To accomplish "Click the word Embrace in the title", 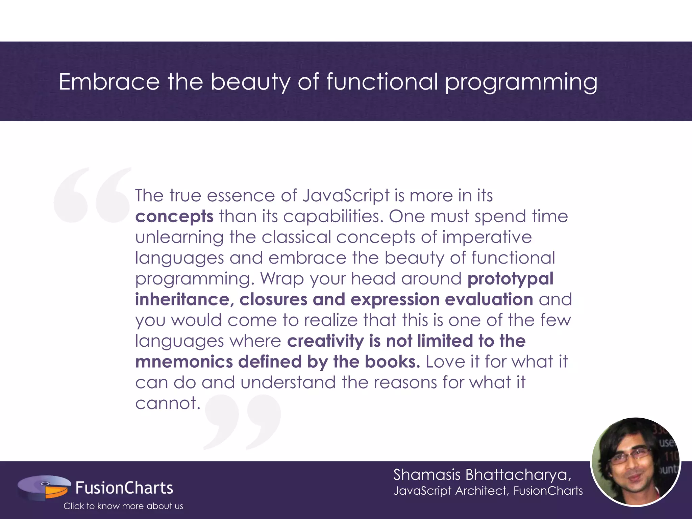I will click(109, 82).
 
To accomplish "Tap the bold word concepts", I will click(174, 217).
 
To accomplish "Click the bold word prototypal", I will click(510, 279).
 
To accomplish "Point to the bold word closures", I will click(273, 300).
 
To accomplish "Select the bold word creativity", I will click(325, 341).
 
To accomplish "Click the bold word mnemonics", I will click(184, 362).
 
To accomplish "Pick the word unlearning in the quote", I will click(179, 237).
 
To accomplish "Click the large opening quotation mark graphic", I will click(92, 195).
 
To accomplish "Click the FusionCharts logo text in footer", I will click(124, 488).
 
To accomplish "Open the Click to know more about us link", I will click(123, 506).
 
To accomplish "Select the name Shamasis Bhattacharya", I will click(482, 475).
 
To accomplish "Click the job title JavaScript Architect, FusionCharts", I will click(488, 491).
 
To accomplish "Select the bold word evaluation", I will click(489, 300).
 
